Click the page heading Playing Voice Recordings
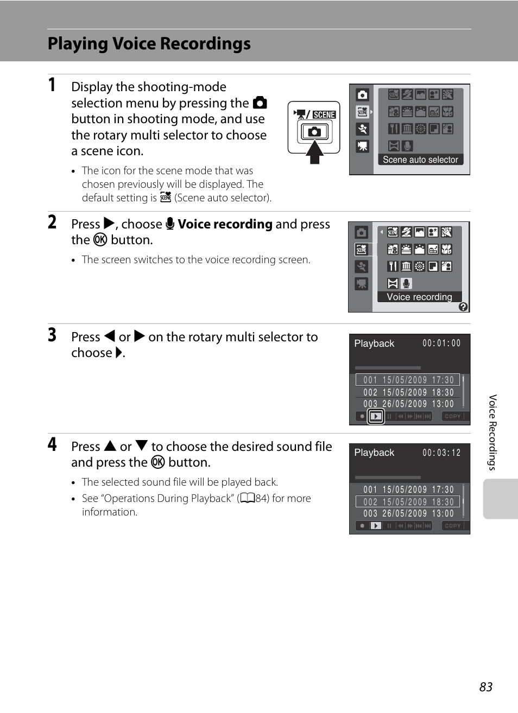pyautogui.click(x=149, y=44)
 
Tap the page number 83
pyautogui.click(x=485, y=687)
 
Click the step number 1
pyautogui.click(x=52, y=85)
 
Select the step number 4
pyautogui.click(x=52, y=444)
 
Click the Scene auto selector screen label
pyautogui.click(x=420, y=160)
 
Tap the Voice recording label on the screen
pyautogui.click(x=419, y=297)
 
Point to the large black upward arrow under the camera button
pyautogui.click(x=314, y=151)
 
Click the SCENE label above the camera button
pyautogui.click(x=324, y=114)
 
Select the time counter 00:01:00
pyautogui.click(x=441, y=343)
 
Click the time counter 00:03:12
pyautogui.click(x=441, y=453)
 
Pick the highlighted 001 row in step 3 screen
pyautogui.click(x=408, y=380)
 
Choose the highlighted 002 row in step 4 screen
pyautogui.click(x=408, y=502)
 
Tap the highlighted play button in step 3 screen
pyautogui.click(x=376, y=417)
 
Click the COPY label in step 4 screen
pyautogui.click(x=452, y=526)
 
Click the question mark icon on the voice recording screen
pyautogui.click(x=463, y=307)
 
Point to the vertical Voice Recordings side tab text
pyautogui.click(x=492, y=432)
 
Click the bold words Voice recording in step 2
pyautogui.click(x=225, y=224)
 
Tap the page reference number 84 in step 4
pyautogui.click(x=262, y=498)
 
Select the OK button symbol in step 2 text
pyautogui.click(x=100, y=240)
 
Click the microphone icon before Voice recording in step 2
pyautogui.click(x=170, y=224)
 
